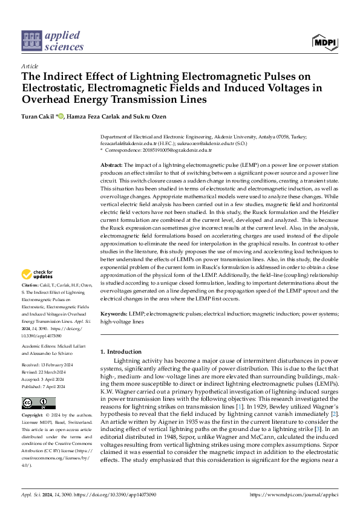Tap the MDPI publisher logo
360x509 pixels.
[324, 42]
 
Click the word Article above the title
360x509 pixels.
[30, 66]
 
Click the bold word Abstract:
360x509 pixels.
[111, 165]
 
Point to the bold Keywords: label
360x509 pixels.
[114, 315]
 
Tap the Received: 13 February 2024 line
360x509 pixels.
[48, 365]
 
